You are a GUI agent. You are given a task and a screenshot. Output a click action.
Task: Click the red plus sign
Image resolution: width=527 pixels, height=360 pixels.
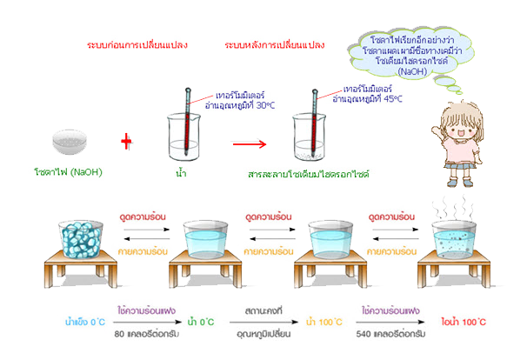click(x=126, y=142)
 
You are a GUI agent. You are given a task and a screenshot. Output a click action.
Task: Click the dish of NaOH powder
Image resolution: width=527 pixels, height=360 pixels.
click(x=70, y=142)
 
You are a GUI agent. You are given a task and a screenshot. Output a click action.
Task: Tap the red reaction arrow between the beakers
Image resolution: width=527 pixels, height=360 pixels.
click(x=250, y=144)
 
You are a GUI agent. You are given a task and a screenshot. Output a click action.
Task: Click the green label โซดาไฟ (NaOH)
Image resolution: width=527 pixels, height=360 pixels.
click(x=68, y=172)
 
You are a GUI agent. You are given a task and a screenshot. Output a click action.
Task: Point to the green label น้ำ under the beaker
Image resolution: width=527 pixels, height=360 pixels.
click(x=181, y=173)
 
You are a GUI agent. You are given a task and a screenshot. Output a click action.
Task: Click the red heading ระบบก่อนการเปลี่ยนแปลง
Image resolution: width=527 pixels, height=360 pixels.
click(x=137, y=45)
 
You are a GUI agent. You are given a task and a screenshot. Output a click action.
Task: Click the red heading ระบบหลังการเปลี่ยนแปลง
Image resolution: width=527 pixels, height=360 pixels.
click(x=275, y=45)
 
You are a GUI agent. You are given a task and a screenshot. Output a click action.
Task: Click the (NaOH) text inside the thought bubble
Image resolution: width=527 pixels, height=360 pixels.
click(x=412, y=71)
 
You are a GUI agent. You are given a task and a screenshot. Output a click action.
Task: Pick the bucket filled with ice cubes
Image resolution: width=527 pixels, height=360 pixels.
click(x=81, y=239)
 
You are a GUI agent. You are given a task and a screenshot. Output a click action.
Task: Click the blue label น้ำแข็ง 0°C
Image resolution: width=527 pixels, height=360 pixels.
click(x=85, y=322)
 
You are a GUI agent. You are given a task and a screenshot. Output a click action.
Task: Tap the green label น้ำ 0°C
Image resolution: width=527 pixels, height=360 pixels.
click(x=201, y=322)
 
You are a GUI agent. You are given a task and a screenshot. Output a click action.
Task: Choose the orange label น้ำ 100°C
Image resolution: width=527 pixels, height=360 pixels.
click(x=324, y=322)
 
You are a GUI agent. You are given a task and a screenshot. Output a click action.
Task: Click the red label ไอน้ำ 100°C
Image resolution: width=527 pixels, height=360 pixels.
click(x=464, y=322)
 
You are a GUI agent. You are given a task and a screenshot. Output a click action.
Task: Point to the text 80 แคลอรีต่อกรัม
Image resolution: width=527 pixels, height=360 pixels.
click(x=147, y=334)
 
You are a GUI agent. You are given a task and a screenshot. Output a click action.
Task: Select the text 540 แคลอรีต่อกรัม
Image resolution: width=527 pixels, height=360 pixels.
click(x=390, y=334)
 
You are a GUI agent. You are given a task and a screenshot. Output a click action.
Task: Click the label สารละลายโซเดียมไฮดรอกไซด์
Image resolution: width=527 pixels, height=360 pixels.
click(x=309, y=174)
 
